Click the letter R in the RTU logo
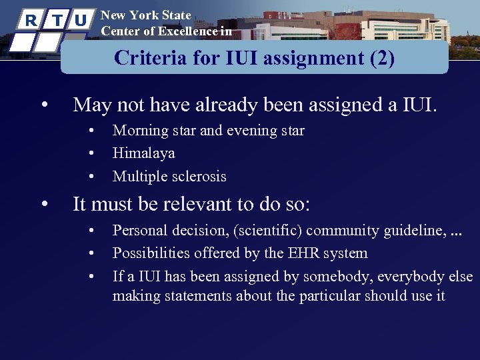tap(30, 20)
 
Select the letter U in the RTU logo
tap(80, 20)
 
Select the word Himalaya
tap(143, 153)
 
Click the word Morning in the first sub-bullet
tap(137, 131)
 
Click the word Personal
tap(139, 231)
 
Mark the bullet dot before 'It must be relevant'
tap(43, 204)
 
